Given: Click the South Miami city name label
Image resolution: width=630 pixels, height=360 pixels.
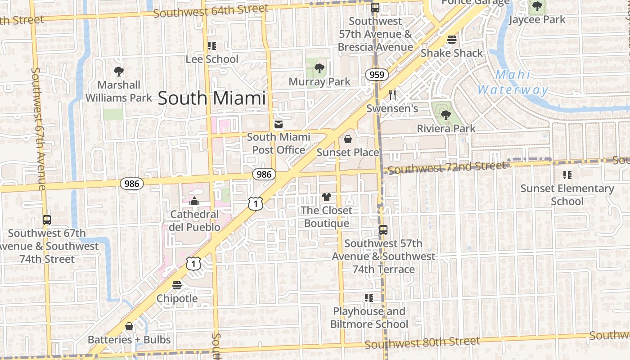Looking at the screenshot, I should [x=211, y=98].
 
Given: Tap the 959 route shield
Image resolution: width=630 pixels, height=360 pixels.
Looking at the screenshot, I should [x=377, y=75].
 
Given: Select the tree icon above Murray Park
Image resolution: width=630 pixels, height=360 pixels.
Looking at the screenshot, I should [x=319, y=69].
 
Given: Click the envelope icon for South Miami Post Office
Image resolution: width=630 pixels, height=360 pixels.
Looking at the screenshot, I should [x=279, y=124].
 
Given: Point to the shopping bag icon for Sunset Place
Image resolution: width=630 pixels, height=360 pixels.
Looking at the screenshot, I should [x=347, y=139].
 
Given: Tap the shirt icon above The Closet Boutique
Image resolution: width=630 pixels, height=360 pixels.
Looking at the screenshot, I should [x=326, y=197].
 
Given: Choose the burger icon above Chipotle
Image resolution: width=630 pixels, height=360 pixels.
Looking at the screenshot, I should [x=177, y=285].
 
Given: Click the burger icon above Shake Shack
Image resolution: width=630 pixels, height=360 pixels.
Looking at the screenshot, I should [x=452, y=40].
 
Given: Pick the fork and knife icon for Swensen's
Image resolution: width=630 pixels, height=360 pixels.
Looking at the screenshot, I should [x=392, y=95].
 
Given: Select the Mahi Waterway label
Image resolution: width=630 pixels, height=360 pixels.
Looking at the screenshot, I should [x=513, y=82].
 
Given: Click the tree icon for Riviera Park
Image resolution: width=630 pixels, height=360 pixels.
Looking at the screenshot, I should [x=445, y=115].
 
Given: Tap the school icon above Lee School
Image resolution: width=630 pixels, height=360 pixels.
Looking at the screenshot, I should [x=212, y=46].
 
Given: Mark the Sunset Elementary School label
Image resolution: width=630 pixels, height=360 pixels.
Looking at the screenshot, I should [x=567, y=194].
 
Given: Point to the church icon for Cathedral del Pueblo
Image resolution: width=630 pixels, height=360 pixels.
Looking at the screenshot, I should [x=194, y=201].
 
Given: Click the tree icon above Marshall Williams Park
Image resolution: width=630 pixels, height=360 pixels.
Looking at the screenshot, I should [x=119, y=71].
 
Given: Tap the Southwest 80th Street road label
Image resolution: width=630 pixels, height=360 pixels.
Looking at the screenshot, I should [x=422, y=343].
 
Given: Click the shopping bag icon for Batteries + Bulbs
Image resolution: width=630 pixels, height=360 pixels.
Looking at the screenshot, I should [x=129, y=326].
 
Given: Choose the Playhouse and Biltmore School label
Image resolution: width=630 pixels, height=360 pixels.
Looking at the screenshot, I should [x=369, y=317].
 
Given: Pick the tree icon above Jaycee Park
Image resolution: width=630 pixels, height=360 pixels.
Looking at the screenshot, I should [x=537, y=6].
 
